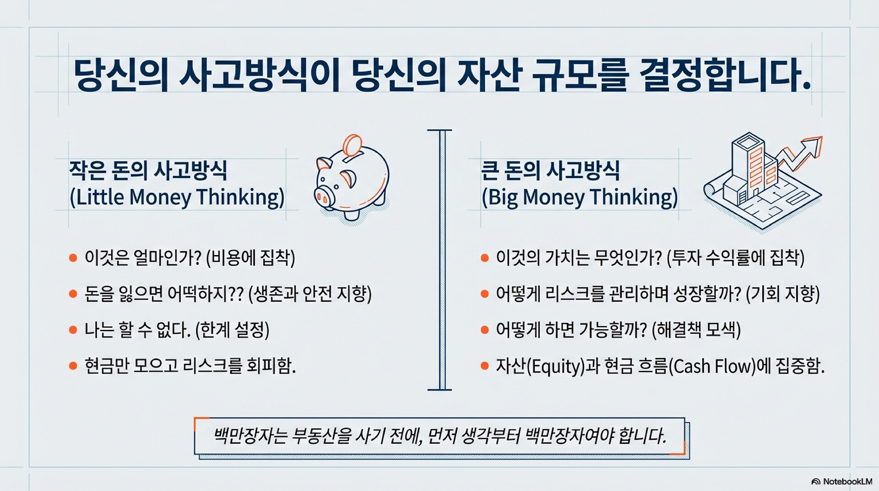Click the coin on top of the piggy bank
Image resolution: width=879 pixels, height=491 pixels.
pos(353,145)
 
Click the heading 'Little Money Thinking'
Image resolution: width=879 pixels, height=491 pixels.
pos(177,197)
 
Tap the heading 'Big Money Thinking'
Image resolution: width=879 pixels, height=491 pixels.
pos(580,197)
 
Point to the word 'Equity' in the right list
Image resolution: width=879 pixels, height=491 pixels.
pos(556,366)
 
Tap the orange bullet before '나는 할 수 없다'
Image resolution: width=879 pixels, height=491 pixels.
pos(73,330)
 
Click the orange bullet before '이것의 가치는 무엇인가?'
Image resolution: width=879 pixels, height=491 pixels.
pos(485,258)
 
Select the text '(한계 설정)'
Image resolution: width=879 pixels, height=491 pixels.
pos(232,330)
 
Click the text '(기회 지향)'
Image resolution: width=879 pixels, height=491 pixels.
pos(782,294)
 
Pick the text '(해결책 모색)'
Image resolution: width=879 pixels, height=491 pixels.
pos(696,330)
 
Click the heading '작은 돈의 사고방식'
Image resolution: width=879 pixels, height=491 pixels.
pos(148,170)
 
